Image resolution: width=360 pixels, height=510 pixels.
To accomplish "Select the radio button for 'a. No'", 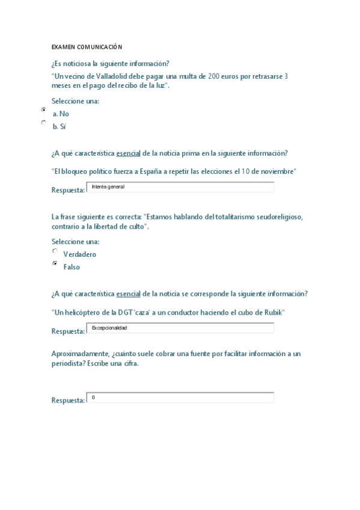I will [x=43, y=110].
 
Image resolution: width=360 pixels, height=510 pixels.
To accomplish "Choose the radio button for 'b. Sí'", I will [x=43, y=123].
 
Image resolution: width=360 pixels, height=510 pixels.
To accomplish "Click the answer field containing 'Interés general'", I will [x=180, y=187].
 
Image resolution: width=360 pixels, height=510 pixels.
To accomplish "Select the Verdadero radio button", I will [x=55, y=251].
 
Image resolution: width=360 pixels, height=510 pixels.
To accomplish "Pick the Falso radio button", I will [x=55, y=263].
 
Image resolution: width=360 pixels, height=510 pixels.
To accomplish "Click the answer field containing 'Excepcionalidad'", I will [x=180, y=328].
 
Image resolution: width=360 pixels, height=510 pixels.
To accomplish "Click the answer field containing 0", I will [x=180, y=398].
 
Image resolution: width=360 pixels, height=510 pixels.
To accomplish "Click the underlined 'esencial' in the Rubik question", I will [x=128, y=293].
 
